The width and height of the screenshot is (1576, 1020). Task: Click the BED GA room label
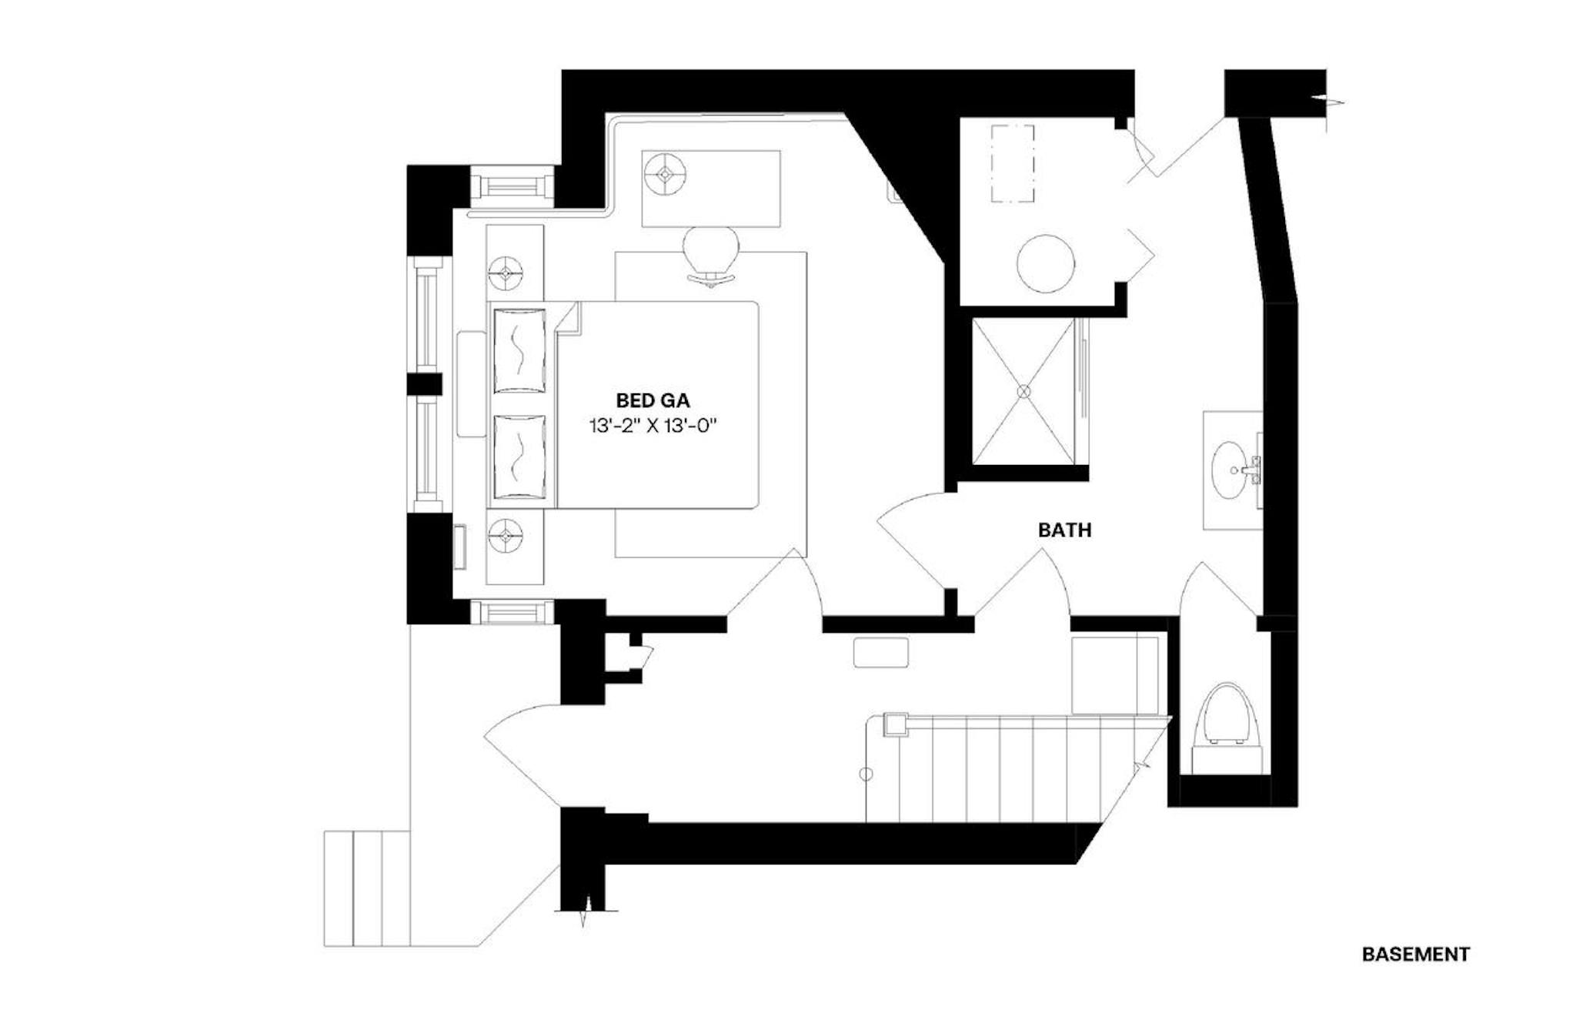coord(653,400)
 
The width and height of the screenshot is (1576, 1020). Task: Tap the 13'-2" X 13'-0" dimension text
coord(653,426)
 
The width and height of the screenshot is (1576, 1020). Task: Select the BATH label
coord(1064,530)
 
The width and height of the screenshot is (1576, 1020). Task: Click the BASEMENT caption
coord(1416,954)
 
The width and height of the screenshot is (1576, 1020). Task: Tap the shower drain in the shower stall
coord(1023,391)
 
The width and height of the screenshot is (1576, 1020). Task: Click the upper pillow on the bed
coord(519,351)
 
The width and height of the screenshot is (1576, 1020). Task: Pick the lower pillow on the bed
coord(519,456)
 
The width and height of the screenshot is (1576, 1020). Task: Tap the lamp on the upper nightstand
coord(506,272)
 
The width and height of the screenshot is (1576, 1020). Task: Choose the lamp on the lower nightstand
coord(506,534)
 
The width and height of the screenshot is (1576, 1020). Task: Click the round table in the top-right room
coord(1045,263)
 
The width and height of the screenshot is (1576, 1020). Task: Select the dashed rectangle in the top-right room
coord(1012,163)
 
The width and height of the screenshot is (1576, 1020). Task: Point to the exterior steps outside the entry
coord(367,888)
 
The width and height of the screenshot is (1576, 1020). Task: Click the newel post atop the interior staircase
coord(895,725)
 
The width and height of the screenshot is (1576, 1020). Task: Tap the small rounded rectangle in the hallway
coord(881,652)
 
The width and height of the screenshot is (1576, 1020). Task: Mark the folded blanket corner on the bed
coord(567,317)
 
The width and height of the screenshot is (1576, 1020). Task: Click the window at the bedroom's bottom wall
coord(512,613)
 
